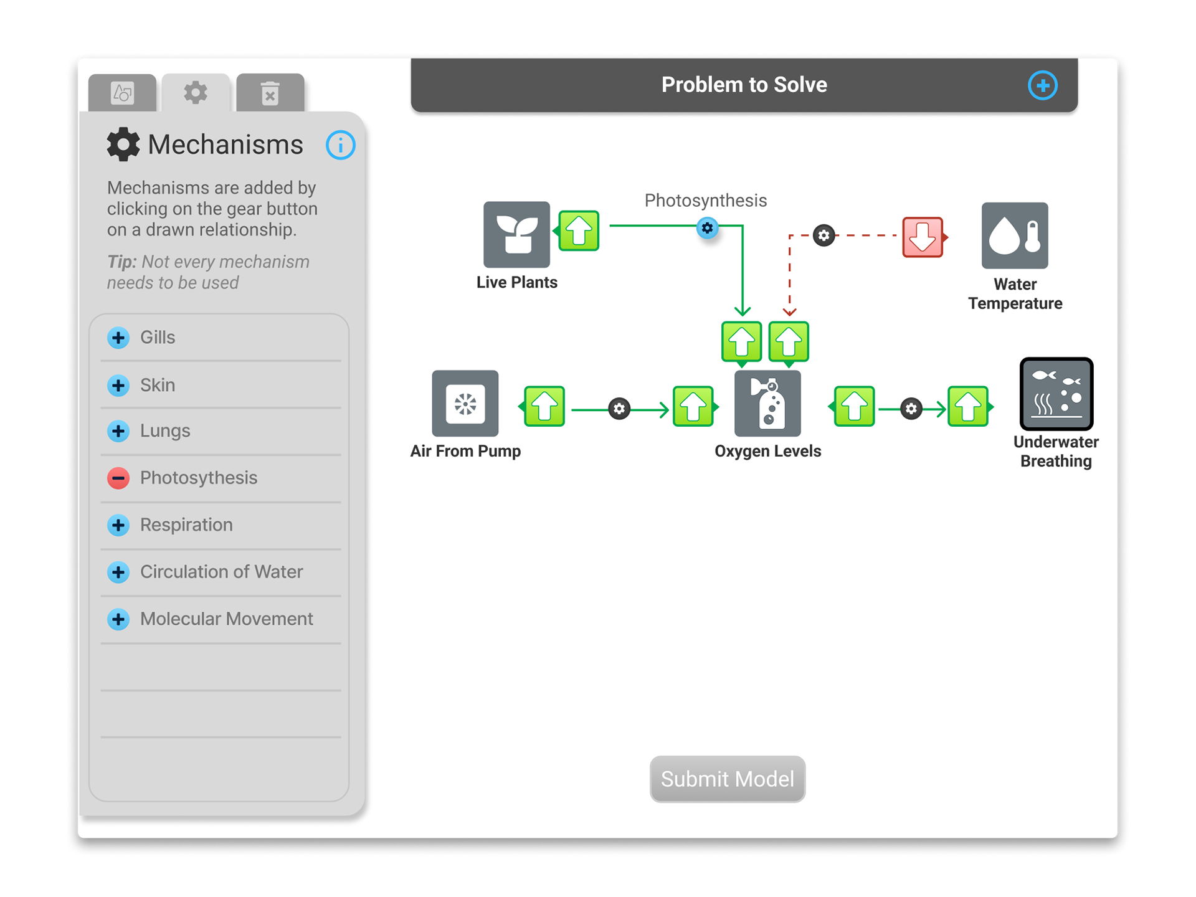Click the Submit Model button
click(727, 779)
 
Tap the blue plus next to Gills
click(118, 338)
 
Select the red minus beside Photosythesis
click(118, 478)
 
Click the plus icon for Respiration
click(118, 525)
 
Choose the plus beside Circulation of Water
click(118, 572)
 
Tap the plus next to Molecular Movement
click(118, 619)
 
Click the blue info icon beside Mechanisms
click(340, 145)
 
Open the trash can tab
click(270, 93)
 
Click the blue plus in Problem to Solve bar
click(1042, 85)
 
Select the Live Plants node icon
click(516, 234)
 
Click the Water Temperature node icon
click(1015, 235)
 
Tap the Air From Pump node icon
click(465, 404)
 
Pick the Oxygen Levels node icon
click(767, 404)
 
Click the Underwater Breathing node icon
click(1056, 394)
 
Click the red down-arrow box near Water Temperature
click(923, 237)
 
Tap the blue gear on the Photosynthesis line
click(707, 228)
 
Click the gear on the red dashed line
click(823, 235)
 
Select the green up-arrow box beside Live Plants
click(579, 230)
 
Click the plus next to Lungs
click(118, 431)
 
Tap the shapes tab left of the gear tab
click(122, 93)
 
